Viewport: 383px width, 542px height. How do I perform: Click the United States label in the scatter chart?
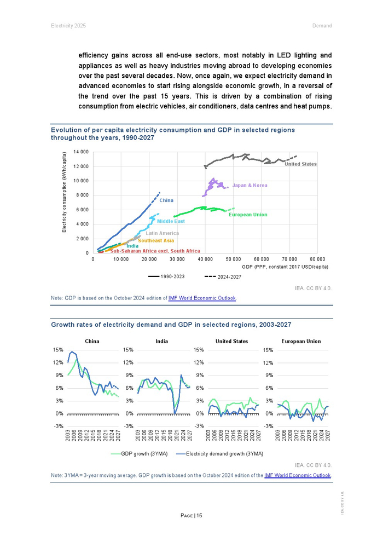[x=300, y=164]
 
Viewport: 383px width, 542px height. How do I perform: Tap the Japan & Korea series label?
[x=249, y=186]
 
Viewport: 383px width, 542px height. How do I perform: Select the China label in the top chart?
[x=166, y=201]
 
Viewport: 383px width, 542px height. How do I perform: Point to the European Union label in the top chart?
[x=248, y=215]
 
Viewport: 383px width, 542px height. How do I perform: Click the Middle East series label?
[x=171, y=221]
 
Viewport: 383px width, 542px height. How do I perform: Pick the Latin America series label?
[x=162, y=234]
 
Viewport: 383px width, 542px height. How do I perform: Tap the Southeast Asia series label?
[x=156, y=240]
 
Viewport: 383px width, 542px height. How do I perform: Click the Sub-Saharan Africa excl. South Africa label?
[x=155, y=251]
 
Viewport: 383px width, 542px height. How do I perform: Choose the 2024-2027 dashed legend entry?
[x=223, y=277]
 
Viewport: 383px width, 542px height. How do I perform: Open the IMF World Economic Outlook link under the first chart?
[x=202, y=298]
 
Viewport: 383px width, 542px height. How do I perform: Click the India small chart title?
[x=161, y=341]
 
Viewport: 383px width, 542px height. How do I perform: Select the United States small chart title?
[x=231, y=341]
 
